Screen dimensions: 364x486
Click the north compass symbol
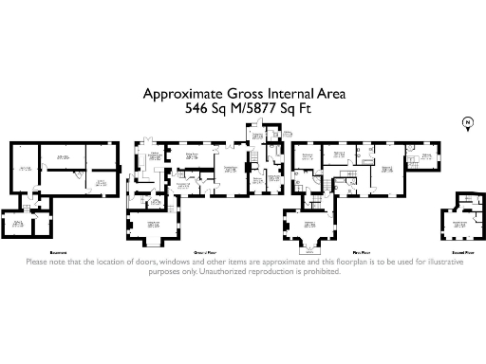click(466, 122)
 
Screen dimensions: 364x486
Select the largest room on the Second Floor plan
click(460, 226)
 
